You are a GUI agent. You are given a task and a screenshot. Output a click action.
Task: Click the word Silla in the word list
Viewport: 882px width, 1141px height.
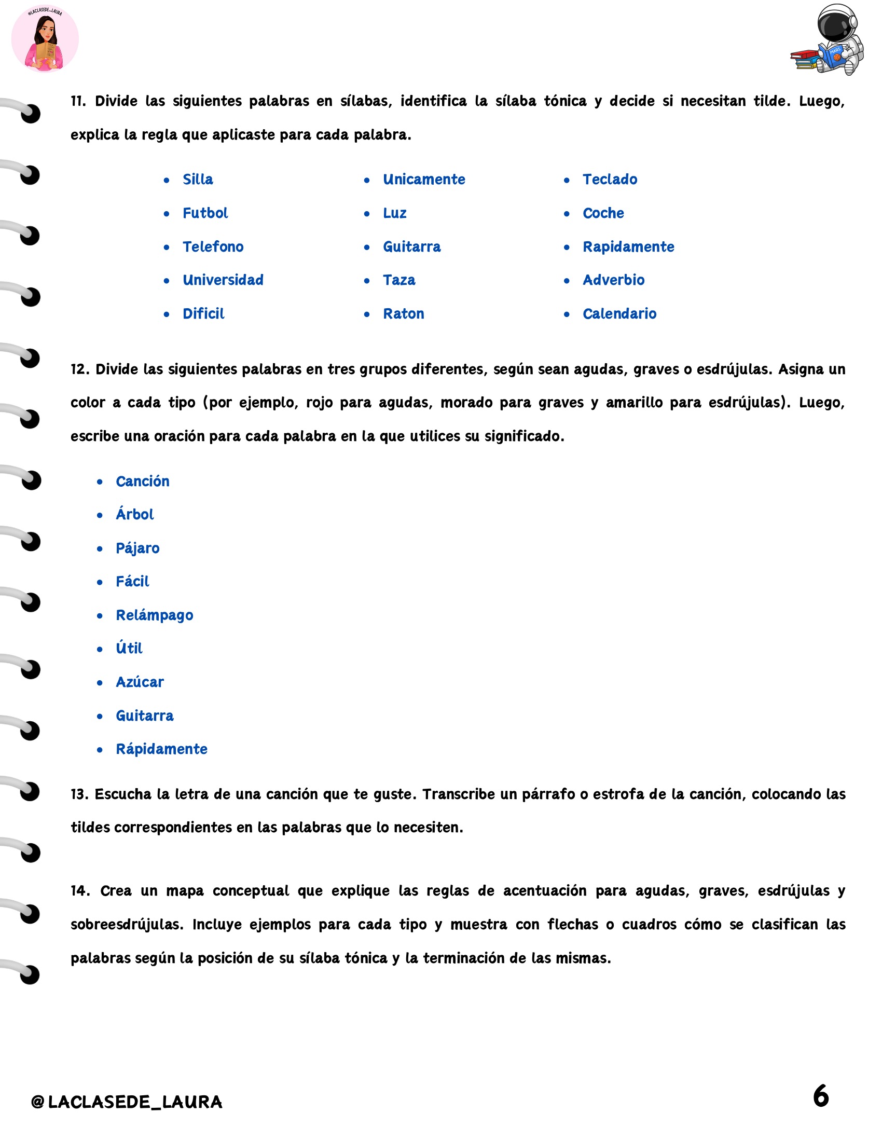coord(198,180)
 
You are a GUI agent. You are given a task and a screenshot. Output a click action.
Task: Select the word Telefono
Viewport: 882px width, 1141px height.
coord(213,246)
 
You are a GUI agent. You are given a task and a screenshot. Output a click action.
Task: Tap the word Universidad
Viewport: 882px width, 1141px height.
coord(223,280)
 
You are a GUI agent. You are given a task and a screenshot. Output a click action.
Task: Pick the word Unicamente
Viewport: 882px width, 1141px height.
coord(424,180)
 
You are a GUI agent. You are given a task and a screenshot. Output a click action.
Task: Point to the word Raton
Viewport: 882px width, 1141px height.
coord(403,314)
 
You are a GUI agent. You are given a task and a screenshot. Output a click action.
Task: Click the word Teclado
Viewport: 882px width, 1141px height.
coord(610,180)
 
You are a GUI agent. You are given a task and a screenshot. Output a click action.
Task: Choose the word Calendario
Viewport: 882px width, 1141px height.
coord(619,314)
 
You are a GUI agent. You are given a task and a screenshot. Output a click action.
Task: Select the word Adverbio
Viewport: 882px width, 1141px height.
coord(613,280)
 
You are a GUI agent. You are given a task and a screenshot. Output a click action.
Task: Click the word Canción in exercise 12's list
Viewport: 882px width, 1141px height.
coord(143,481)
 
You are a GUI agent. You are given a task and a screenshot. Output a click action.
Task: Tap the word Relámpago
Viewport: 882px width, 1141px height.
coord(154,615)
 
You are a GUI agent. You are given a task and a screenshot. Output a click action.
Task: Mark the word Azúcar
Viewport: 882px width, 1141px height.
coord(140,682)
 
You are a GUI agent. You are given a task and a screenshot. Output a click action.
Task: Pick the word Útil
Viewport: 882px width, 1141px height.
coord(129,649)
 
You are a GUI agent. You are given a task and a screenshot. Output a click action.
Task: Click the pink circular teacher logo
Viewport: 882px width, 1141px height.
coord(45,39)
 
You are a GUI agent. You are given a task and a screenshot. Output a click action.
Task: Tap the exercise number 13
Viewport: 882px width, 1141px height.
coord(79,794)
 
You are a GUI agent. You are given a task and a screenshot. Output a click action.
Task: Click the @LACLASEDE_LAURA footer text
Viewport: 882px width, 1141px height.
coord(127,1102)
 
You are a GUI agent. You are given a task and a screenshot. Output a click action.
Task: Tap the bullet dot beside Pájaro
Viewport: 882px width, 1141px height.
coord(100,548)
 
